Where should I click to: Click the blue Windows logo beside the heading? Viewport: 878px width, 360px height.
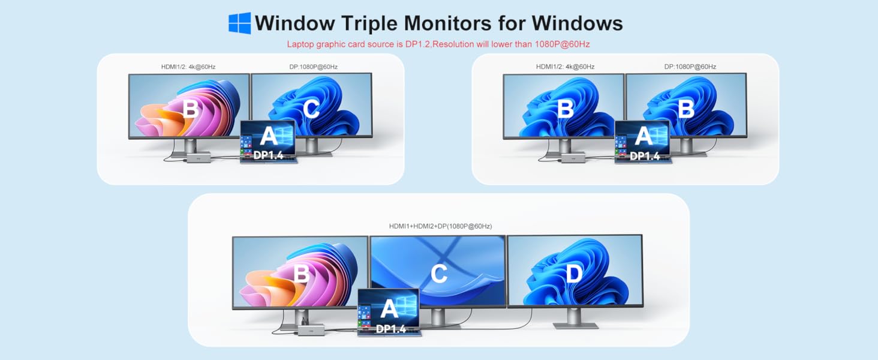click(239, 23)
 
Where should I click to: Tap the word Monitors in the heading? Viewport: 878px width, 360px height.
click(447, 23)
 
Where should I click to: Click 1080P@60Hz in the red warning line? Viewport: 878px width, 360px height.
click(562, 44)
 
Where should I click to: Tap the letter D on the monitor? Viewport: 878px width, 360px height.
click(574, 274)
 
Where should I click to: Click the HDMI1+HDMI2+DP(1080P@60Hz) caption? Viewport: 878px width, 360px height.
click(440, 226)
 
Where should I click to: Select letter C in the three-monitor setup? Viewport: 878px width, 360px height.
click(439, 274)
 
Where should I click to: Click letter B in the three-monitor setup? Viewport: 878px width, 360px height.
click(302, 274)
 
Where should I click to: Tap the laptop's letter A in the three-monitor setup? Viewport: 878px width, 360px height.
click(389, 308)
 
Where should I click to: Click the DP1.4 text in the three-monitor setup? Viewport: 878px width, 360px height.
click(391, 329)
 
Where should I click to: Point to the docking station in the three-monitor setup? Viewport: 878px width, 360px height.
click(311, 329)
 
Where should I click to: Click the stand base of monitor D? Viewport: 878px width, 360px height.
click(575, 325)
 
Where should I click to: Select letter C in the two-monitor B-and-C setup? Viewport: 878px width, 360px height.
click(311, 109)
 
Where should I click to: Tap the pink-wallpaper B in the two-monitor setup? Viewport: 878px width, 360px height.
click(191, 109)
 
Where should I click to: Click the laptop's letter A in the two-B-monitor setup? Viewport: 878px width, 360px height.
click(644, 136)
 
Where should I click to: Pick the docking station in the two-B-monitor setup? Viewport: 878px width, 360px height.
click(573, 158)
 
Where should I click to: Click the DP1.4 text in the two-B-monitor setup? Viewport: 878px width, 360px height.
click(645, 157)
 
